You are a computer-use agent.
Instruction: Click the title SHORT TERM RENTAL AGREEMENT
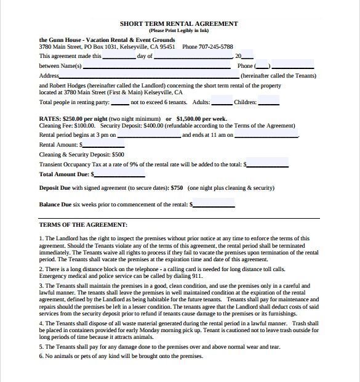[179, 24]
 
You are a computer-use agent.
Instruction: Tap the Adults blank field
[222, 102]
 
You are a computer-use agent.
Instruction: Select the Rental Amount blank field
[99, 144]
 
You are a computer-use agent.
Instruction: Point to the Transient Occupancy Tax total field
[268, 165]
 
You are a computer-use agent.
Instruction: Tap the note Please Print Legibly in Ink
[179, 30]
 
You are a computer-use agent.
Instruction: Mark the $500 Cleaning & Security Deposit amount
[118, 155]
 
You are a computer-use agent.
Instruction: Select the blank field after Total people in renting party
[120, 102]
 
